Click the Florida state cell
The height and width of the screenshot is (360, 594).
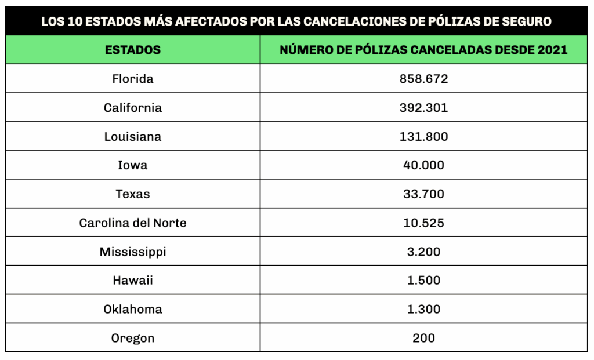pos(133,79)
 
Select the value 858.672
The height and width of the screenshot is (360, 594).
pos(423,79)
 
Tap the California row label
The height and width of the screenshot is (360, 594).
pos(133,108)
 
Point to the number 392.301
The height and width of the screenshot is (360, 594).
pos(423,108)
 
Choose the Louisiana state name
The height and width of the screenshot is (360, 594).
pos(133,137)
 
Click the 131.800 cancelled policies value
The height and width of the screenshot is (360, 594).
pos(423,137)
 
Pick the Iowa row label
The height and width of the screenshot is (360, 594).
pos(133,165)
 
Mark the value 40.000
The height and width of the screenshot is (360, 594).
pos(423,165)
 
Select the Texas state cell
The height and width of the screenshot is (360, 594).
pos(133,194)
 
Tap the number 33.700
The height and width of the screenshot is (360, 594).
pos(423,194)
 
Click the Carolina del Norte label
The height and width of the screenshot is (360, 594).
pos(133,223)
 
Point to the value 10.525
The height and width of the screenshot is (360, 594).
pos(423,223)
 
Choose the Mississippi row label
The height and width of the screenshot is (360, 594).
pos(133,252)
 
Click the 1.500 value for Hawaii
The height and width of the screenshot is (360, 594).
pos(423,281)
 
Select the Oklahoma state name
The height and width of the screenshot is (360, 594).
pos(133,309)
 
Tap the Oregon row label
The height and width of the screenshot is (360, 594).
pos(133,338)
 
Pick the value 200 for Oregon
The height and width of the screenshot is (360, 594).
pos(423,338)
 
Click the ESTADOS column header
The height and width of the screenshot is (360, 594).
pos(133,50)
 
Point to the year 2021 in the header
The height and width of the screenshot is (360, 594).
pos(552,50)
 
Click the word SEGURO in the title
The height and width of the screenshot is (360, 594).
pos(527,22)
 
